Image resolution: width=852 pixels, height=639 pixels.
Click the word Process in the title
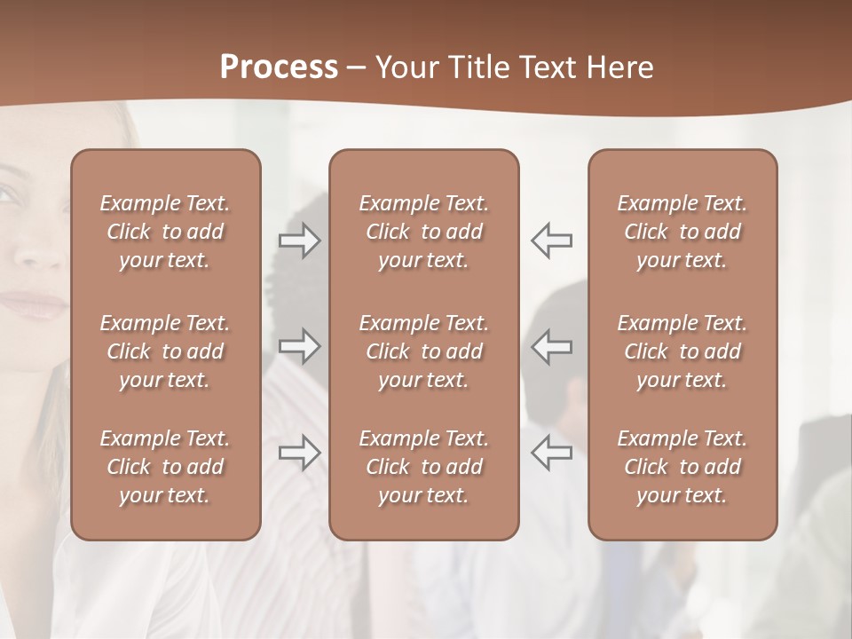point(279,67)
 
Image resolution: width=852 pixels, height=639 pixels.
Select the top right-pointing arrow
point(300,241)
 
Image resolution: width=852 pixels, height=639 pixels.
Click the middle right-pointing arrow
point(300,346)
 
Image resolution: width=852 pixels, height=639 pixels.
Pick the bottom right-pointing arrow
point(300,453)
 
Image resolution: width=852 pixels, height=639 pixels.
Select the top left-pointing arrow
point(552,241)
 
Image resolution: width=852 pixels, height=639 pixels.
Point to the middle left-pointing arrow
point(552,346)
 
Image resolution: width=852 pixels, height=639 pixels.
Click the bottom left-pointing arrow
point(552,453)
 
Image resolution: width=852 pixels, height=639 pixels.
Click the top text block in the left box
point(165,232)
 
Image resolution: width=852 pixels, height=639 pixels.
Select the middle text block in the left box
point(165,351)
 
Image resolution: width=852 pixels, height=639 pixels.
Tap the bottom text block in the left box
point(165,467)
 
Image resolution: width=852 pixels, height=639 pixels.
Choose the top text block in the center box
point(423,232)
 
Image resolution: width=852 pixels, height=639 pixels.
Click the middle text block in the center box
point(423,351)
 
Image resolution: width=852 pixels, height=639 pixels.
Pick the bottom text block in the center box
point(423,467)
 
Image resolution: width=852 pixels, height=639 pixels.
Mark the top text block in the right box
point(682,232)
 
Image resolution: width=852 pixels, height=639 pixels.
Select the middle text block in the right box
point(682,351)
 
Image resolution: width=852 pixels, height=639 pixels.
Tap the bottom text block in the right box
point(682,467)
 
